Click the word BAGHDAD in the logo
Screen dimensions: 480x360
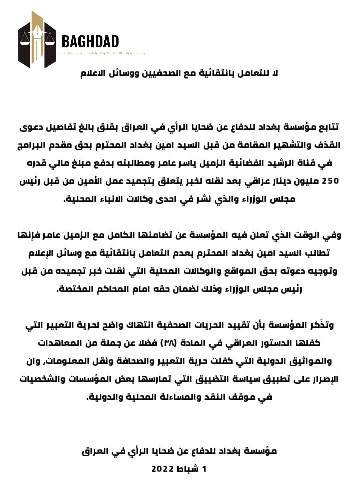pos(90,41)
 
